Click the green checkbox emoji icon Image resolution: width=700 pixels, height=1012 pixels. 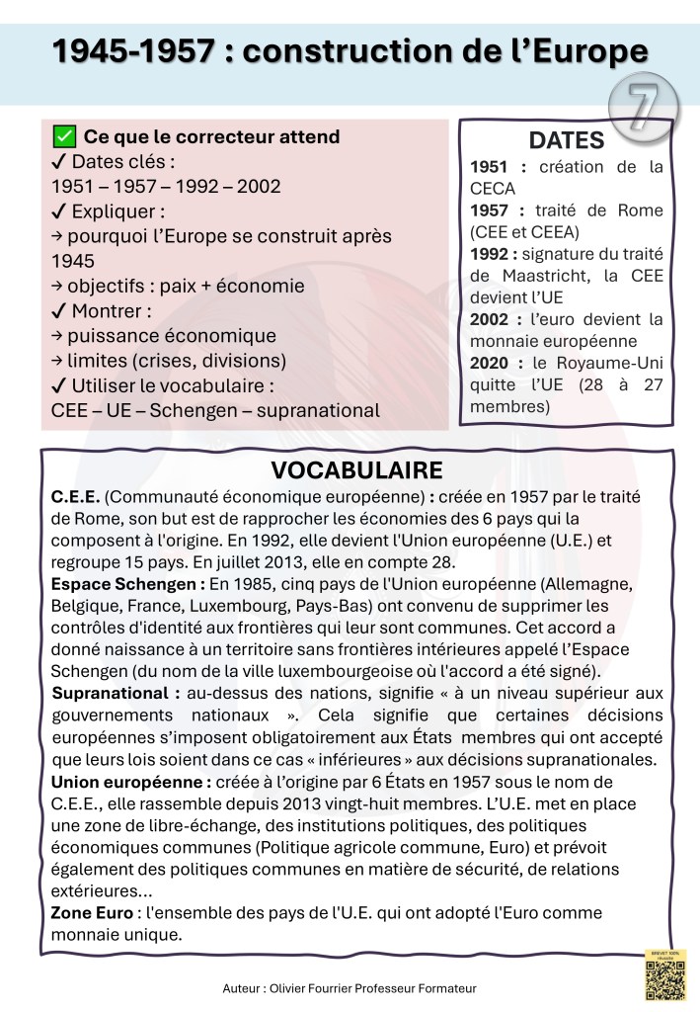point(63,136)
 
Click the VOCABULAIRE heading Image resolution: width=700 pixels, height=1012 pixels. point(356,469)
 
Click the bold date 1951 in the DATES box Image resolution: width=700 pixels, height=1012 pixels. point(491,167)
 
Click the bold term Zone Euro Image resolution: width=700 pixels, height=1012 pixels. point(91,912)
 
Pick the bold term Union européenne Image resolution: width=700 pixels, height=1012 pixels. point(129,782)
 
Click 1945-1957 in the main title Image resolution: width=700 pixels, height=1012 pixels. point(132,51)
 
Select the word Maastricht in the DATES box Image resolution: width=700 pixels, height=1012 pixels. point(542,276)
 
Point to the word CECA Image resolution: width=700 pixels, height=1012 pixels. point(493,188)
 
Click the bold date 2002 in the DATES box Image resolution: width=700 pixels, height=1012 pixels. point(491,319)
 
